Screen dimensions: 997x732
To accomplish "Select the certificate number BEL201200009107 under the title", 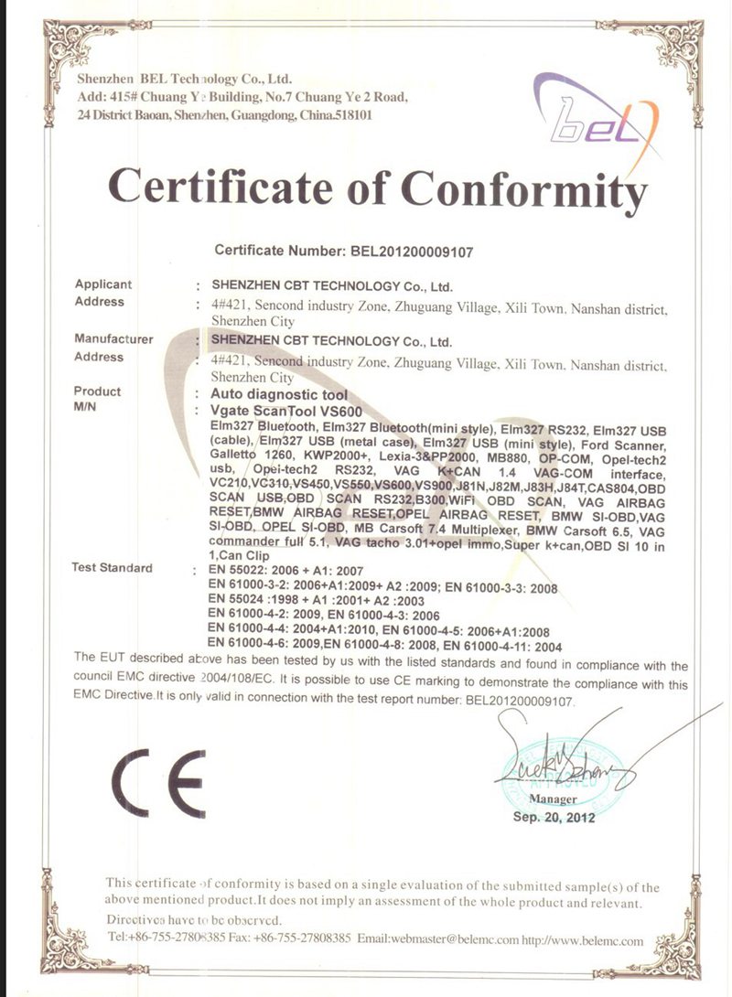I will [412, 250].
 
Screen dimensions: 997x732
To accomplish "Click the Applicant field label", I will [103, 284].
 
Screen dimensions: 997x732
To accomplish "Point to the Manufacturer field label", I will [113, 338].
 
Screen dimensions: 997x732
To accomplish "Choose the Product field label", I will [97, 391].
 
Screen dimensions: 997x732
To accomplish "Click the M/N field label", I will [87, 408].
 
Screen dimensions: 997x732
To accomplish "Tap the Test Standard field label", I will [112, 568].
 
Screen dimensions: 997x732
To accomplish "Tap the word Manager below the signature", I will [553, 799].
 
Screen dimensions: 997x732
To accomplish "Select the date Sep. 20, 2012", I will [554, 817].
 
